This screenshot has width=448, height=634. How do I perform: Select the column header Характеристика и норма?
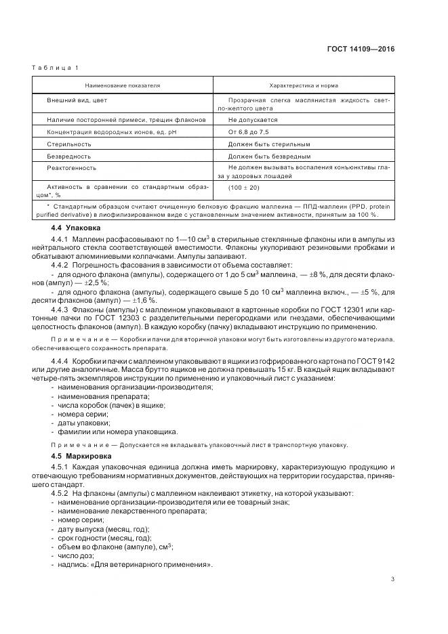[304, 86]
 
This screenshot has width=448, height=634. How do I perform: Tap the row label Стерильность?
[69, 144]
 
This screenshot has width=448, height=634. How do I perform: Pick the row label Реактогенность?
[72, 167]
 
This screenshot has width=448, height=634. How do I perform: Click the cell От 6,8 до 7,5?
[249, 132]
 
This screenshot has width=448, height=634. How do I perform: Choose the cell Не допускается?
[253, 120]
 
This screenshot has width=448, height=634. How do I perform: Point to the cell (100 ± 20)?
[244, 187]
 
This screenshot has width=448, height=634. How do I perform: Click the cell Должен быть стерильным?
[269, 144]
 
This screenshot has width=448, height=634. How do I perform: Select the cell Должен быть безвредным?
[269, 156]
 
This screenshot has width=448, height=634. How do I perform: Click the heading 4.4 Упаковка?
[75, 228]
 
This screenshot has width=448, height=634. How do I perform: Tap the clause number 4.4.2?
[62, 266]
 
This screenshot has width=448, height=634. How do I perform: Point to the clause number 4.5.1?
[62, 467]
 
